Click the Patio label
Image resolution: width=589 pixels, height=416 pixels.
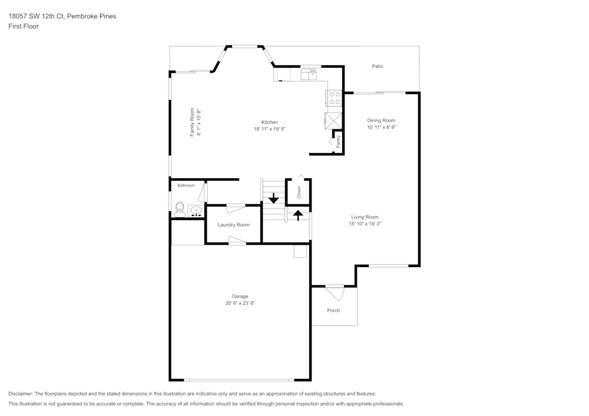click(378, 66)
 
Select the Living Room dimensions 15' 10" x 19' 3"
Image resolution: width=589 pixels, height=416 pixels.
click(365, 224)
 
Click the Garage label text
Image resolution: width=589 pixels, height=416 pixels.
click(240, 297)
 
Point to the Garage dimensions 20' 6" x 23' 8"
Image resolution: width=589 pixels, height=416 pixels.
click(240, 303)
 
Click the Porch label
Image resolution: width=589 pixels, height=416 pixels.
click(333, 311)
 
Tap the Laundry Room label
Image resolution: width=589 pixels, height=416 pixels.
click(233, 225)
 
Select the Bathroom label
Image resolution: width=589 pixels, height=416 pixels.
click(186, 185)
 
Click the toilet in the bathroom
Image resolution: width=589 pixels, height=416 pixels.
click(179, 209)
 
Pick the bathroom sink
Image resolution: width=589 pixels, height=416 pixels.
click(196, 210)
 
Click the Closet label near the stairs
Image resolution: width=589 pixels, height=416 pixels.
click(299, 192)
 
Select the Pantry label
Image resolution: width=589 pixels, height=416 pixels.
click(338, 141)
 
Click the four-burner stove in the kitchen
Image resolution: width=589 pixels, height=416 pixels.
click(335, 98)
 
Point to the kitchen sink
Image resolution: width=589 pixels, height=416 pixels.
click(309, 74)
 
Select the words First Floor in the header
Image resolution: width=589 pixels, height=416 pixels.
click(24, 26)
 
